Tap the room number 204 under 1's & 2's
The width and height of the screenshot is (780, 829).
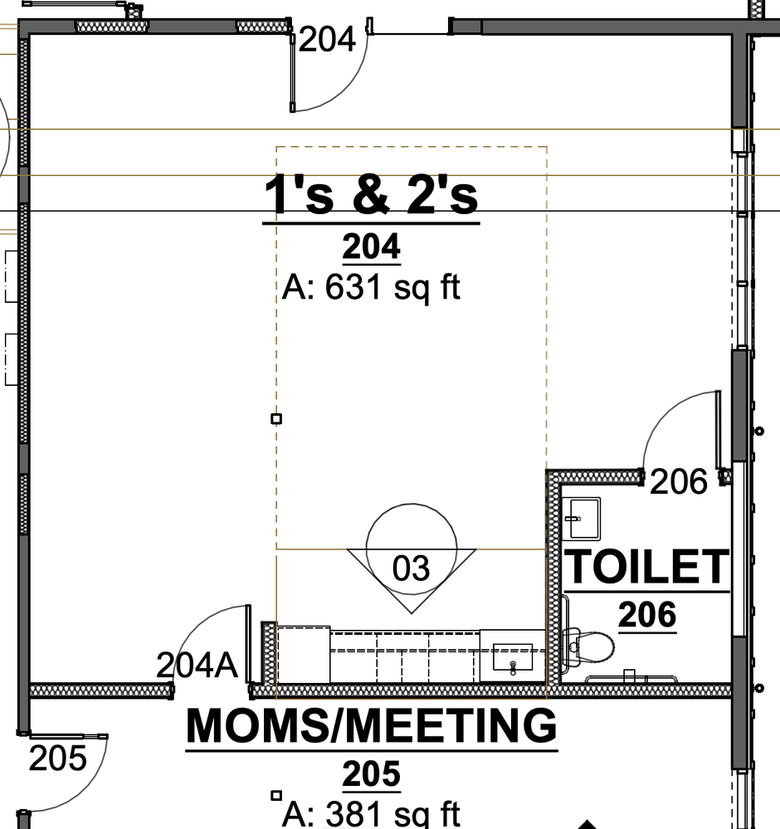point(371,246)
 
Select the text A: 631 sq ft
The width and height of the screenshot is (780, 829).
point(371,288)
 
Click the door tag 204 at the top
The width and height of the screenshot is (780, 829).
point(327,40)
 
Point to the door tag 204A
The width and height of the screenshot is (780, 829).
point(197,665)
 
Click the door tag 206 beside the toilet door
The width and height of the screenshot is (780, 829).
point(679,481)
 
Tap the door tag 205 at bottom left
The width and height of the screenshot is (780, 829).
point(57,758)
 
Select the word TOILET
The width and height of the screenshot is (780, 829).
point(647,566)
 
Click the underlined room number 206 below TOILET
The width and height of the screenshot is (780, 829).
point(647,614)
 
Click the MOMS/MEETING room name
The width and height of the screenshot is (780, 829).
point(372,725)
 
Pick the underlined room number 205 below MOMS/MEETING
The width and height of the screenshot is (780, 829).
point(371,774)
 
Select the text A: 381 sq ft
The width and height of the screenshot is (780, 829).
point(371,813)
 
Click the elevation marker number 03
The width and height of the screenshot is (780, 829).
point(412,568)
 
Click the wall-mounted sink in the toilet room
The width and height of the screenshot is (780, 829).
point(582,518)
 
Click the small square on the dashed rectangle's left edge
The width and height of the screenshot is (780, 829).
point(276,419)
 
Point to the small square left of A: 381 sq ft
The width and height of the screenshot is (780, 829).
point(276,795)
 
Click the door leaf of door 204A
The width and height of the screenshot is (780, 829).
point(248,644)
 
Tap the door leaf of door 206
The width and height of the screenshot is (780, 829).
point(718,430)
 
